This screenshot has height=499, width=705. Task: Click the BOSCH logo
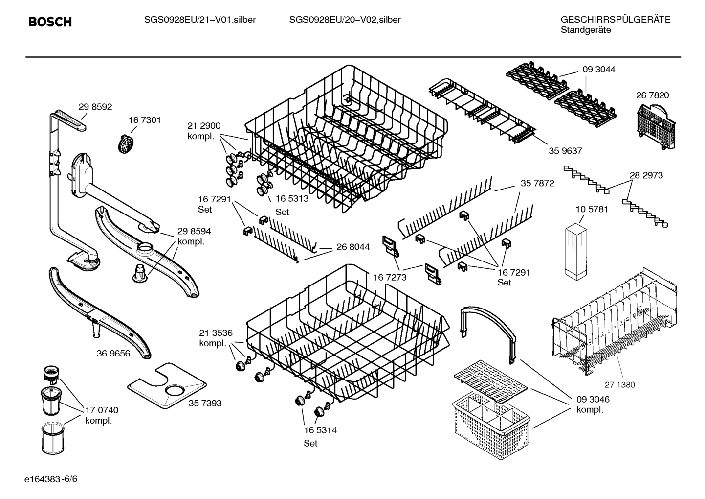click(50, 22)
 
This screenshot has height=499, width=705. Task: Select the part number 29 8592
click(95, 107)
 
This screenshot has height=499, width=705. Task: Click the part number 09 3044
click(598, 70)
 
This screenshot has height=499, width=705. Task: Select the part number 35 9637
click(565, 151)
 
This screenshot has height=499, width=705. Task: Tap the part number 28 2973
click(646, 175)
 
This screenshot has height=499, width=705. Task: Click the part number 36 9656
click(113, 353)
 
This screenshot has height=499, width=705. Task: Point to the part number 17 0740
click(102, 410)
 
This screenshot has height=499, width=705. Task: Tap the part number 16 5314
click(320, 430)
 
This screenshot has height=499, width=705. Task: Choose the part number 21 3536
click(216, 333)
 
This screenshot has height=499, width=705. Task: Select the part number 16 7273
click(390, 278)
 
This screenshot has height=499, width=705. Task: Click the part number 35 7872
click(537, 183)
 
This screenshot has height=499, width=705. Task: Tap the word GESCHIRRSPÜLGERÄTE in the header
click(615, 20)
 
